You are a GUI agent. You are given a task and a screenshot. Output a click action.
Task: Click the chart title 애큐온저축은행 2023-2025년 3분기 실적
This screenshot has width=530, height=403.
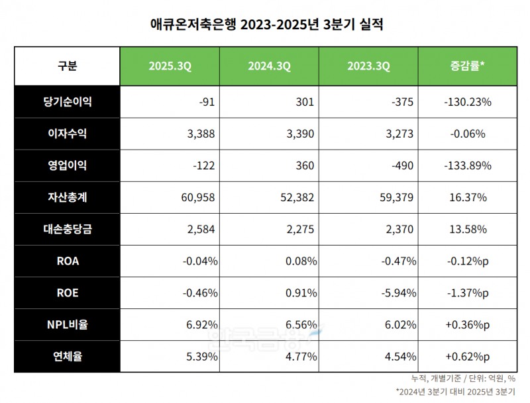click(x=265, y=25)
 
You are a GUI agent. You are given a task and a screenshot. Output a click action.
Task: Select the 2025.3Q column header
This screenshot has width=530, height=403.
click(x=170, y=66)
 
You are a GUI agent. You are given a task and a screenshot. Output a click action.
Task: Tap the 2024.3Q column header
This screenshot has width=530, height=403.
click(x=269, y=66)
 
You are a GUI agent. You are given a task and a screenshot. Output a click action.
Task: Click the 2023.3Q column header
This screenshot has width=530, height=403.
click(x=368, y=66)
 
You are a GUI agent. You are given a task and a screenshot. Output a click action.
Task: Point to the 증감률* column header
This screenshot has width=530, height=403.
click(x=467, y=66)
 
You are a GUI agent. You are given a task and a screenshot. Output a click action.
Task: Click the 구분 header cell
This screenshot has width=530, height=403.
click(x=67, y=66)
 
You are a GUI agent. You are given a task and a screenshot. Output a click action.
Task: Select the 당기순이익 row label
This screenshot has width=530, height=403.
click(x=67, y=102)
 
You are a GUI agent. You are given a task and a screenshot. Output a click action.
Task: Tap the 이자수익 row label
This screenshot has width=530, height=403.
click(x=67, y=134)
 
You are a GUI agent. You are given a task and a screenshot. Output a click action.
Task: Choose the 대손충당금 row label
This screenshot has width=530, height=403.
click(x=67, y=229)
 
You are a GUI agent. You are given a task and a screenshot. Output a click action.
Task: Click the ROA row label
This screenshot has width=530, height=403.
click(x=67, y=261)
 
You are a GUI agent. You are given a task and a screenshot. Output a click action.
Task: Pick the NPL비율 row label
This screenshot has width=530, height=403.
click(x=67, y=324)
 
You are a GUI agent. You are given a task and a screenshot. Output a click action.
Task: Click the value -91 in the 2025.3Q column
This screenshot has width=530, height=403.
click(x=207, y=102)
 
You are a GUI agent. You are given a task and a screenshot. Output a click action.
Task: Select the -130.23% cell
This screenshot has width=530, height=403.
click(x=467, y=102)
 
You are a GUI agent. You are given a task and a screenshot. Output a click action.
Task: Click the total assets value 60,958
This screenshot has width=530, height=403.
click(x=199, y=197)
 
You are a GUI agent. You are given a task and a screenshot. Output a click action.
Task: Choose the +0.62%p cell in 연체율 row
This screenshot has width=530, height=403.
click(x=467, y=356)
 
